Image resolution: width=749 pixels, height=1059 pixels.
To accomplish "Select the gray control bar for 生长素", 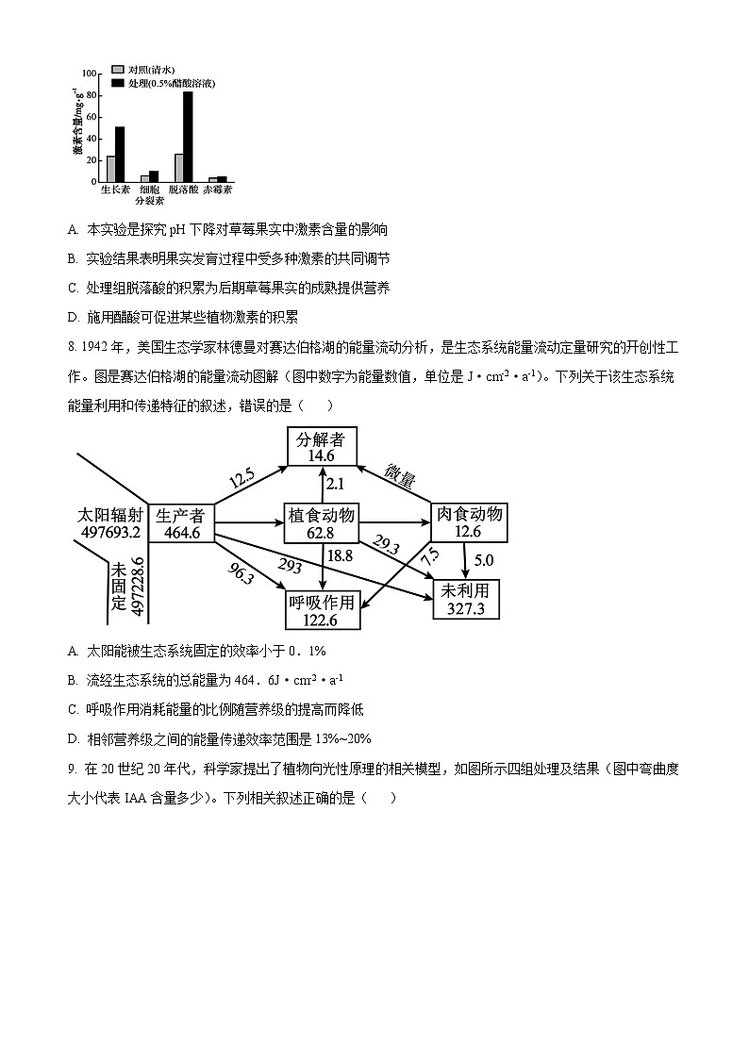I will (x=110, y=169).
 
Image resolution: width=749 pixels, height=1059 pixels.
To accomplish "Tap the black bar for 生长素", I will (x=120, y=154).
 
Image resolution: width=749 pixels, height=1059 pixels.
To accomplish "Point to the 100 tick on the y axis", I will (x=90, y=74).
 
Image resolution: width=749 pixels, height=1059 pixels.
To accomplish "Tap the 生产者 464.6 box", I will (x=180, y=524).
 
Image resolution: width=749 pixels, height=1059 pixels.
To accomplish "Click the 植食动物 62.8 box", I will (x=322, y=522).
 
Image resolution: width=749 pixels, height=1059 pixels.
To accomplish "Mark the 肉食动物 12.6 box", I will (x=468, y=522).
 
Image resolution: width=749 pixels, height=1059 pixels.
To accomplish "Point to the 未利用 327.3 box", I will (x=466, y=599).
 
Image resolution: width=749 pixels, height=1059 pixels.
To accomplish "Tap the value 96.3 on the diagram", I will (x=241, y=574).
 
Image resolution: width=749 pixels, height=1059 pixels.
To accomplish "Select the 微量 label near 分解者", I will (x=399, y=477).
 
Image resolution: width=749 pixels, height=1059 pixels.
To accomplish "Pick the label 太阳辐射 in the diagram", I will (x=111, y=516).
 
